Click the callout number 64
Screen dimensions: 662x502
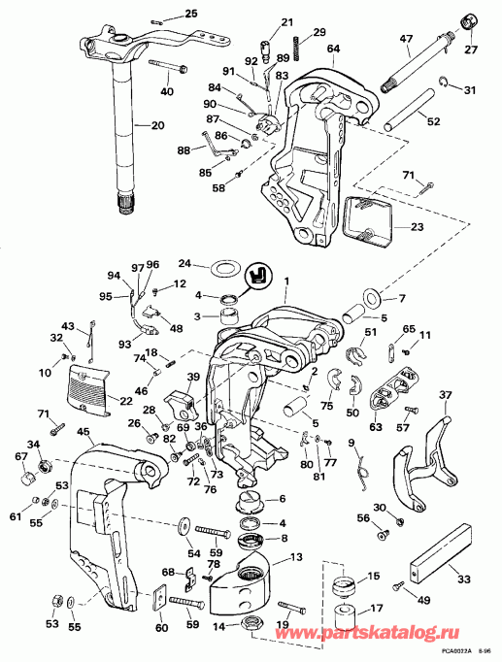pyautogui.click(x=332, y=48)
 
